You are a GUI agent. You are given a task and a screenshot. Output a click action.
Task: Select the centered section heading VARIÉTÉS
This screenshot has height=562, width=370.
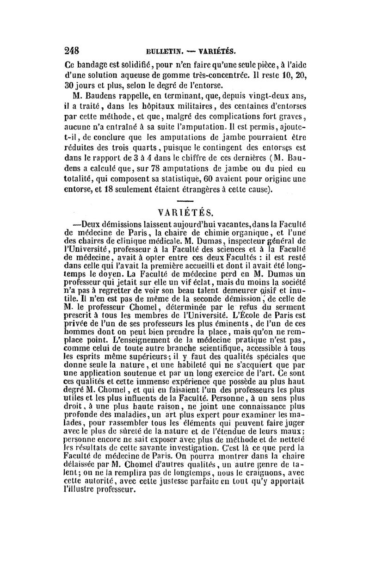185,213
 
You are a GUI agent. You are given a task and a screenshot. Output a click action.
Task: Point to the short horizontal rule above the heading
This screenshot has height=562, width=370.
185,202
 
